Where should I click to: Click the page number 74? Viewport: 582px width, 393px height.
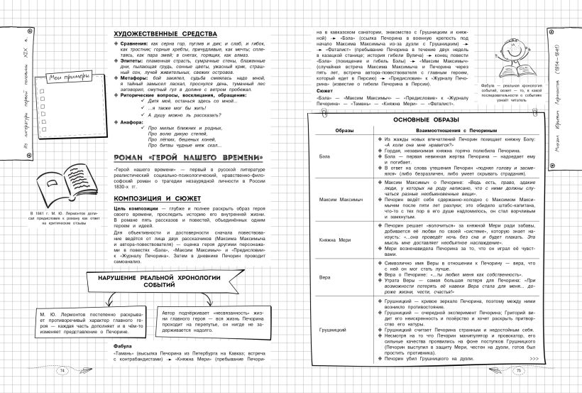tap(62, 370)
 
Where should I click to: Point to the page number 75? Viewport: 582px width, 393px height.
tap(518, 370)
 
